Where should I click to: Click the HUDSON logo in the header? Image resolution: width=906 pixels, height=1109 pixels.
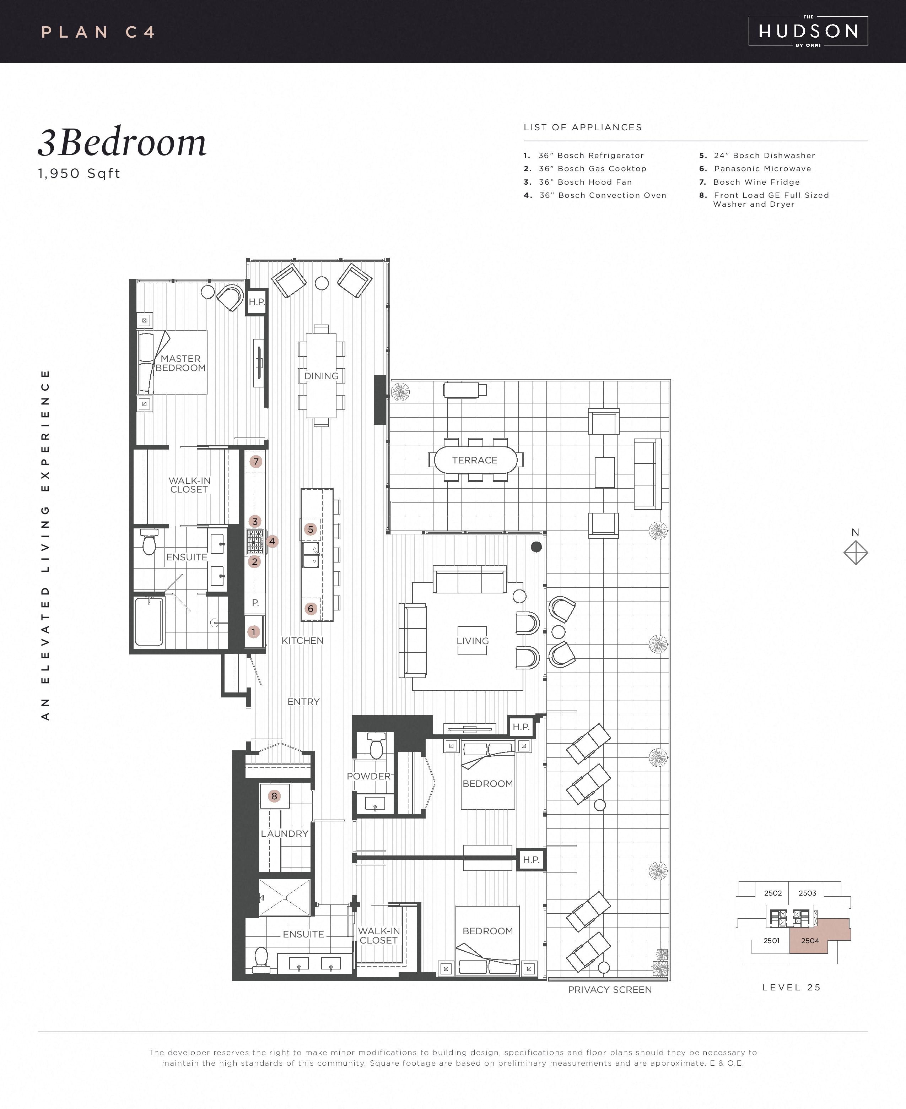(808, 31)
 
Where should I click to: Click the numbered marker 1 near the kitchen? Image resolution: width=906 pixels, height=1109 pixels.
(254, 632)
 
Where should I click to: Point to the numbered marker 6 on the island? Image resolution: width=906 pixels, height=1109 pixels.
(311, 609)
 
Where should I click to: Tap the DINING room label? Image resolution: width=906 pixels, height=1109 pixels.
(322, 376)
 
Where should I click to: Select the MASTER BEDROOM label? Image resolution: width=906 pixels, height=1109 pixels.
(180, 363)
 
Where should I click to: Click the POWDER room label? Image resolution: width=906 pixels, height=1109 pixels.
(368, 776)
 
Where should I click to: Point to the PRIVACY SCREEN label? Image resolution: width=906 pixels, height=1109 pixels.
(610, 990)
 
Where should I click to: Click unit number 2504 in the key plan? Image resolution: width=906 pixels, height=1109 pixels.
(810, 941)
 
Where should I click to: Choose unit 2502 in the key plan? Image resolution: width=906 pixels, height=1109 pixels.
(773, 893)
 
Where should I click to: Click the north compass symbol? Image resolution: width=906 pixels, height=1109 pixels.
(856, 553)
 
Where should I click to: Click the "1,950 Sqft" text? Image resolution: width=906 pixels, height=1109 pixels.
(79, 174)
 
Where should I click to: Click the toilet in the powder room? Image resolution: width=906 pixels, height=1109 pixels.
(376, 746)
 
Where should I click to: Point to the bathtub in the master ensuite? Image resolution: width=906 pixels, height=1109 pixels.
(149, 622)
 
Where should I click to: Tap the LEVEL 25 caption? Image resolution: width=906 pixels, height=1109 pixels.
(791, 988)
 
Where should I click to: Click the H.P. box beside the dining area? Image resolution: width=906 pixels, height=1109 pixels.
(256, 301)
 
